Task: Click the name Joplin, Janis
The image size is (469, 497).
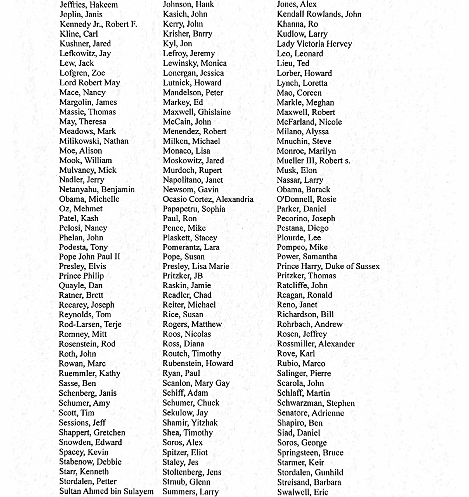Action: point(81,15)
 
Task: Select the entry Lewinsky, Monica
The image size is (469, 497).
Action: point(195,63)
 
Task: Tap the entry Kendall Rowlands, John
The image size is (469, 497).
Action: point(319,14)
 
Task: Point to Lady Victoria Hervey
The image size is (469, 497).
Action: point(314,44)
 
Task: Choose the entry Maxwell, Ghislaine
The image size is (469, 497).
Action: point(197,112)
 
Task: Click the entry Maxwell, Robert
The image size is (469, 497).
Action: point(306,112)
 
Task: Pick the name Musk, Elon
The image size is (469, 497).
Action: point(296,170)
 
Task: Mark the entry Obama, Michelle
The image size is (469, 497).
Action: point(89,199)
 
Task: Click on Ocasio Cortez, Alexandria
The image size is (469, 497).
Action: point(208,199)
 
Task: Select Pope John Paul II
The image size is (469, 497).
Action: point(89,257)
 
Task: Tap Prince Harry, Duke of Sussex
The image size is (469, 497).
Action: point(328,266)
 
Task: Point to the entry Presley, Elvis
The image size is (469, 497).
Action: point(82,266)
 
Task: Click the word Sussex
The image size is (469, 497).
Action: point(367,266)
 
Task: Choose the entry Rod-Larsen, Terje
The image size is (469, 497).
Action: point(90,324)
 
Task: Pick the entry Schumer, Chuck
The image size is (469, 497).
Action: point(191,403)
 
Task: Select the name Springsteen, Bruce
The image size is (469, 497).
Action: point(310,452)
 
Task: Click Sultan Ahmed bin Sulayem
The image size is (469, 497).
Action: point(106,491)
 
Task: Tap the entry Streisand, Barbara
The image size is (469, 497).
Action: point(309,482)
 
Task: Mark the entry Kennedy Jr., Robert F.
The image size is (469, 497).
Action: point(98,24)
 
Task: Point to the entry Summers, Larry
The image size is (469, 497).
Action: point(190,491)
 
